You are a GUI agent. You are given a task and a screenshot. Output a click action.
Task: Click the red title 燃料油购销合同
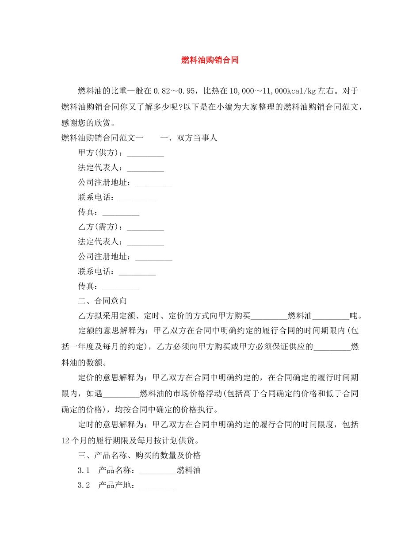tap(210, 60)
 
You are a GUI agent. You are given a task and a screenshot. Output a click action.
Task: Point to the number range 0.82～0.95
tap(174, 92)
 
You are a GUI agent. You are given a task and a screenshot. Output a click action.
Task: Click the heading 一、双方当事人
tap(189, 138)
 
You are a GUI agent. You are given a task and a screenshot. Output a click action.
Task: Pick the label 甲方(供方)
tap(100, 153)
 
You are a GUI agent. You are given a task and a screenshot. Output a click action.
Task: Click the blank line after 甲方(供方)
tap(145, 154)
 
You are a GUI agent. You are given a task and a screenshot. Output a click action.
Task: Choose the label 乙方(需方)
tap(100, 227)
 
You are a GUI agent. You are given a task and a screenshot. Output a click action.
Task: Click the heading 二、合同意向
tap(103, 301)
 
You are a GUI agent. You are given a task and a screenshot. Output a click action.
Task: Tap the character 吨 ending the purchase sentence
tap(353, 316)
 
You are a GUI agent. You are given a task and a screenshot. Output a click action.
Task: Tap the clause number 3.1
tap(84, 470)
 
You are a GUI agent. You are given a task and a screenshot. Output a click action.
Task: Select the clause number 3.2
tap(84, 485)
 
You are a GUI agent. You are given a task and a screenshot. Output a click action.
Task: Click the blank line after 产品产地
tap(158, 487)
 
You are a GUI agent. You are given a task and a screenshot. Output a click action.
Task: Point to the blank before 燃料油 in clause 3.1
tap(158, 471)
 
